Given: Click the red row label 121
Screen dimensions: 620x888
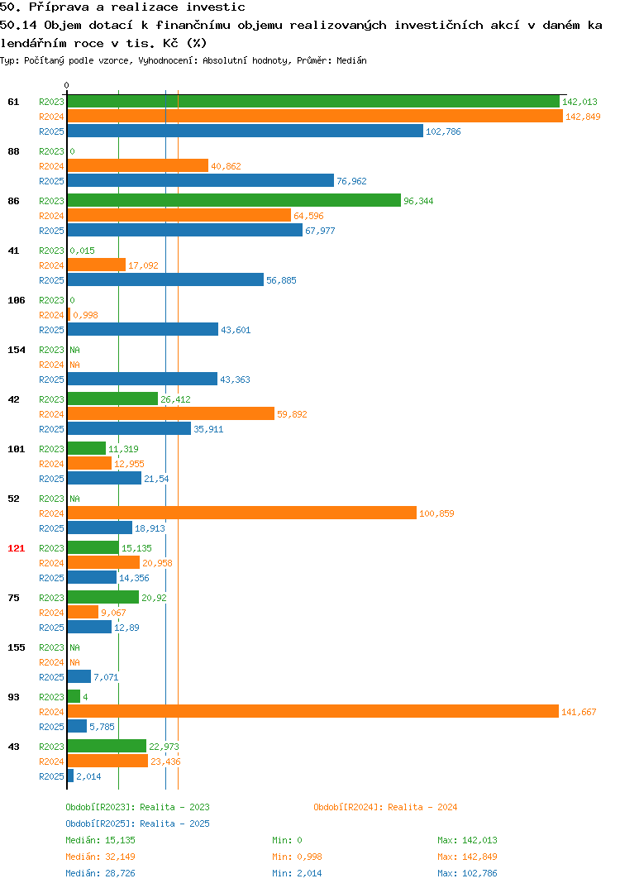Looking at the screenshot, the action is pyautogui.click(x=16, y=548).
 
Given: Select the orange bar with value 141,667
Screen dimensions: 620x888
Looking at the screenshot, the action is pyautogui.click(x=313, y=711).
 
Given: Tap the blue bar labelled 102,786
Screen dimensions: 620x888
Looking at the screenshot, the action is pyautogui.click(x=246, y=131).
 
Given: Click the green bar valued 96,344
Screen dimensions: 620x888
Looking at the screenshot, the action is pyautogui.click(x=234, y=200).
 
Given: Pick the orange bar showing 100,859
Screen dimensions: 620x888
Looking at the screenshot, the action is pyautogui.click(x=241, y=513).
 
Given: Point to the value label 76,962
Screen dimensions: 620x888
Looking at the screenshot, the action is pyautogui.click(x=351, y=181).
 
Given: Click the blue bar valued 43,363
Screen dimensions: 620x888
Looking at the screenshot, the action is pyautogui.click(x=142, y=379).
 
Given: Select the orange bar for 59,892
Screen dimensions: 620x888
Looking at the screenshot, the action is pyautogui.click(x=171, y=414).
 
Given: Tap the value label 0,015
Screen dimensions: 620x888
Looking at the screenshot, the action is pyautogui.click(x=82, y=251).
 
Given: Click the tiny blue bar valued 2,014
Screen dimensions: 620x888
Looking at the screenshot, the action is pyautogui.click(x=70, y=776).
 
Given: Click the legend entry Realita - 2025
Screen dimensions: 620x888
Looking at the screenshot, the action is pyautogui.click(x=174, y=824).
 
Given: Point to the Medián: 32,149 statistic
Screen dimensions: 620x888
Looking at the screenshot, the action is pyautogui.click(x=100, y=857).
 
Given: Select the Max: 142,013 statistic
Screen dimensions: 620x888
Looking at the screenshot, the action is pyautogui.click(x=467, y=840).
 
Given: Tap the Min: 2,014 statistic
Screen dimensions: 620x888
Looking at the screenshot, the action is pyautogui.click(x=297, y=873).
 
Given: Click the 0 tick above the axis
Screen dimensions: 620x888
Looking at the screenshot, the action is pyautogui.click(x=66, y=85).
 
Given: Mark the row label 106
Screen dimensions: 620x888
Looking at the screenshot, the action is pyautogui.click(x=16, y=300).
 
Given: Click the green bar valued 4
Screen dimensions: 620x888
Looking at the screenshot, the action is pyautogui.click(x=74, y=696).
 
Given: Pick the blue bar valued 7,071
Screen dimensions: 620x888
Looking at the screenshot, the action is pyautogui.click(x=79, y=676).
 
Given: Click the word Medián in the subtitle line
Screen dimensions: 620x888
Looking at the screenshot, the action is pyautogui.click(x=351, y=60).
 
